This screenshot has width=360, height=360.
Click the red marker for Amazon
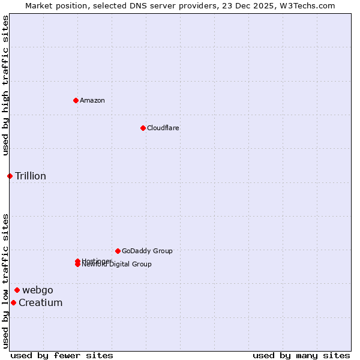pyautogui.click(x=76, y=100)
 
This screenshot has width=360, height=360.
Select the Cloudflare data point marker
pyautogui.click(x=143, y=128)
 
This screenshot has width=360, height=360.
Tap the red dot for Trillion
pyautogui.click(x=10, y=176)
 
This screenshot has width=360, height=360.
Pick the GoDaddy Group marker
pyautogui.click(x=118, y=251)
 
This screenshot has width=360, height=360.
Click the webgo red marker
pyautogui.click(x=17, y=290)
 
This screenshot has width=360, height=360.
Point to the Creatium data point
pyautogui.click(x=13, y=302)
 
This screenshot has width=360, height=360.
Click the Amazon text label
pyautogui.click(x=92, y=100)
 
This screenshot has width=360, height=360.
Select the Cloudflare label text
pyautogui.click(x=163, y=128)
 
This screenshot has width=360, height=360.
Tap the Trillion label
pyautogui.click(x=31, y=176)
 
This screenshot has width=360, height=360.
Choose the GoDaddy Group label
pyautogui.click(x=147, y=251)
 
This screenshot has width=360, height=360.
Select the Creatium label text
pyautogui.click(x=40, y=302)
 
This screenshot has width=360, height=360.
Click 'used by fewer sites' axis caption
pyautogui.click(x=62, y=355)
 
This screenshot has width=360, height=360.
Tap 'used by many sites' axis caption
pyautogui.click(x=301, y=355)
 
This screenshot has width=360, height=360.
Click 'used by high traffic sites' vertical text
pyautogui.click(x=5, y=85)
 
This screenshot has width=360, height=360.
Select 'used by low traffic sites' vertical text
pyautogui.click(x=5, y=281)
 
